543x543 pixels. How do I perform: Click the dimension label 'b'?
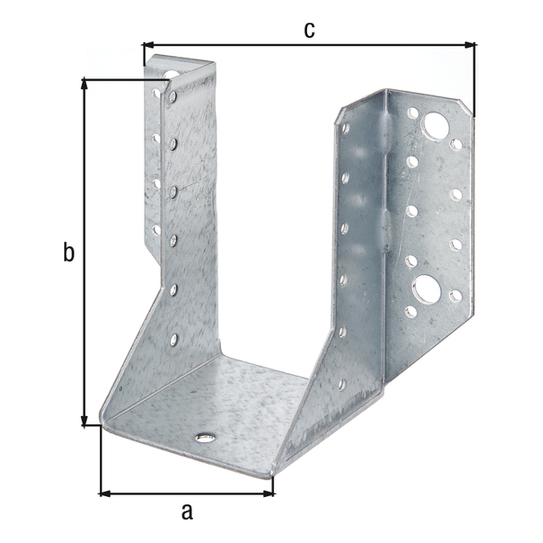click(x=69, y=252)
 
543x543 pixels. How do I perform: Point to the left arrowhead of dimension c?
click(x=148, y=44)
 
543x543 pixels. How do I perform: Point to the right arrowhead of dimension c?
click(x=469, y=44)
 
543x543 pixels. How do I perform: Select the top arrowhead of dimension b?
click(x=84, y=85)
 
